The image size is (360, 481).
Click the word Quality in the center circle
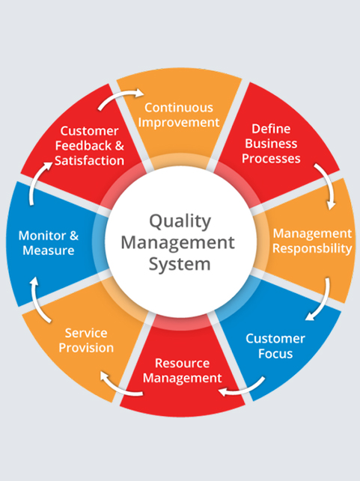tap(180, 221)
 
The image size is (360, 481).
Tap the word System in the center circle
tap(180, 264)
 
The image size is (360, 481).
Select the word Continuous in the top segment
tap(179, 108)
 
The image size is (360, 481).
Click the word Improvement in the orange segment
tap(179, 123)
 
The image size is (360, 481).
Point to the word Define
tap(271, 129)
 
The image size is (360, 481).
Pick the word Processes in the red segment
tap(271, 159)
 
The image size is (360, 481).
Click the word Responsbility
tap(312, 249)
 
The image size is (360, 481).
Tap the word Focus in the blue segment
tap(275, 354)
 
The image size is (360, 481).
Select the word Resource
tap(183, 364)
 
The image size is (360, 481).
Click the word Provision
tap(86, 348)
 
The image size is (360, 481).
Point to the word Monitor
tap(43, 236)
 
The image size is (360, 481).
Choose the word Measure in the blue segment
tap(49, 251)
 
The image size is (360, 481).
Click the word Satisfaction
tap(89, 161)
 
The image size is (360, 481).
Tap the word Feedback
tap(83, 146)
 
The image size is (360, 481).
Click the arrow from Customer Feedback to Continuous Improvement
tap(120, 96)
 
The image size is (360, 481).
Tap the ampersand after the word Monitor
tap(74, 236)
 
